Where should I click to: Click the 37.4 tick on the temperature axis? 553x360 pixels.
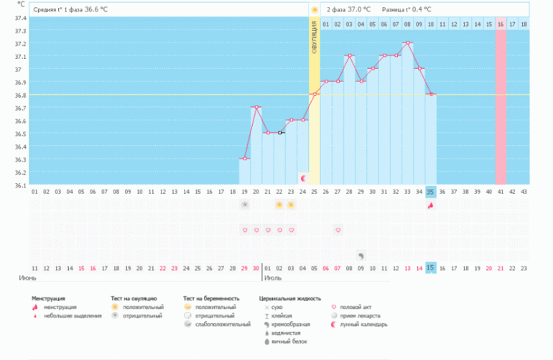[x=20, y=18]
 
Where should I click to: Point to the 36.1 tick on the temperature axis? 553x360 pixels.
[x=20, y=185]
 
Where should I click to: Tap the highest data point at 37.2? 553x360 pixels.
[x=407, y=43]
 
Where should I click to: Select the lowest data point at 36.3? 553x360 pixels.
[x=245, y=158]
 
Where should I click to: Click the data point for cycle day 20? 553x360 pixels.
[x=256, y=107]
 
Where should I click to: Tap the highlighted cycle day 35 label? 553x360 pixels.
[x=430, y=191]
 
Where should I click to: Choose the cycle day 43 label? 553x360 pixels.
[x=524, y=191]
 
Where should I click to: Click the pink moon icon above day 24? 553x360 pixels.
[x=303, y=177]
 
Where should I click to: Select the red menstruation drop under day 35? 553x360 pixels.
[x=430, y=206]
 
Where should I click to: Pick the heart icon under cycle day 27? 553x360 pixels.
[x=338, y=230]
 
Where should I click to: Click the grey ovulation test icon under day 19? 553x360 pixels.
[x=245, y=206]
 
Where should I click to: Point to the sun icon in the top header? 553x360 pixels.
[x=314, y=9]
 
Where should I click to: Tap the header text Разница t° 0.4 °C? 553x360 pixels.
[x=407, y=9]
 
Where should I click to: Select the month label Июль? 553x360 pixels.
[x=273, y=277]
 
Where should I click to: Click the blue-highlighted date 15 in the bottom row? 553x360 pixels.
[x=430, y=267]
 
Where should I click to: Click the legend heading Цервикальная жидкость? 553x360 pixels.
[x=289, y=297]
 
